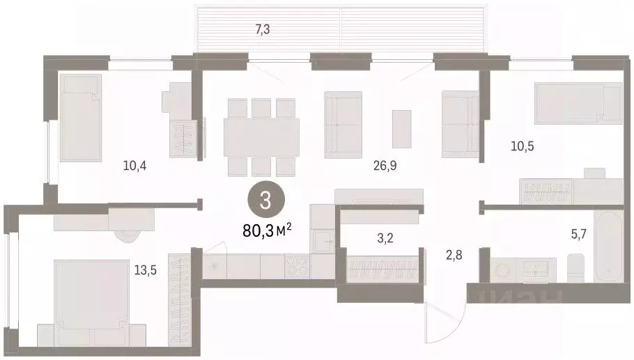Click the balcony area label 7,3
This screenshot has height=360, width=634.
coord(263,29)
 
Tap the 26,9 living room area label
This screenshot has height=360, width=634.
coord(385,165)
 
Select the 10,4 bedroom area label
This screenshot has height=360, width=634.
coord(134,165)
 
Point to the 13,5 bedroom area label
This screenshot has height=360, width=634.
coord(146,270)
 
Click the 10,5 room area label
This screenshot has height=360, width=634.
coord(523,146)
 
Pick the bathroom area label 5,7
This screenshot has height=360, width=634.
coord(578,233)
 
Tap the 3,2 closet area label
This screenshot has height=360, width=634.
coord(385,238)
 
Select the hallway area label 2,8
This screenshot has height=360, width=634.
coord(454,255)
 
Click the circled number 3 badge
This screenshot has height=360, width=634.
coord(265,200)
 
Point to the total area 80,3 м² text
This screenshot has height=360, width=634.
coord(267,230)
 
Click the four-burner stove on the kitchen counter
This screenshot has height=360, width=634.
coord(297,266)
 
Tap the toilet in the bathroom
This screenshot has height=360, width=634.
coord(575,268)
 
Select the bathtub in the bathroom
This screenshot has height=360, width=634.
coord(608,246)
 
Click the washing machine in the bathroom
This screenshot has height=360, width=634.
coord(502,269)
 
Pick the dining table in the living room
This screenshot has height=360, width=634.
coord(261,137)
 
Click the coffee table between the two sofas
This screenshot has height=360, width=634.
coord(401,129)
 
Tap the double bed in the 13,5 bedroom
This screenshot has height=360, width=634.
coord(91,303)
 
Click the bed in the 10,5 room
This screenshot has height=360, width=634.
coord(578,103)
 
